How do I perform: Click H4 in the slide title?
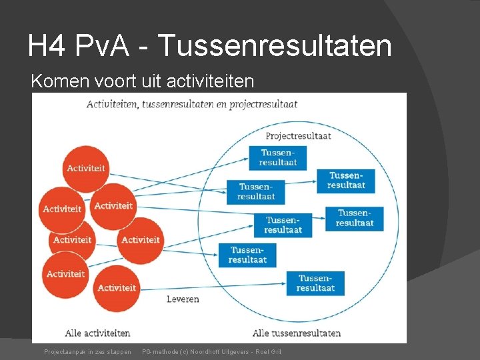[47, 45]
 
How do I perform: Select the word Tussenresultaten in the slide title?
[275, 45]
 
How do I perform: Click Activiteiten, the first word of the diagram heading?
[112, 104]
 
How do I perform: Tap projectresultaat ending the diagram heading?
[263, 104]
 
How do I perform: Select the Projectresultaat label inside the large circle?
[298, 136]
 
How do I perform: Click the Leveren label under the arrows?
[183, 299]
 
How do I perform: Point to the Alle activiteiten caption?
[97, 333]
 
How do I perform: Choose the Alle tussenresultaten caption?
[297, 333]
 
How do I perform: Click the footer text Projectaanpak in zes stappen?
[87, 351]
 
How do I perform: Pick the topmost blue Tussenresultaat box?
[278, 157]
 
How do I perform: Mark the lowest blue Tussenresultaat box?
[315, 283]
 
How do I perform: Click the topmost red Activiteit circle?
[86, 168]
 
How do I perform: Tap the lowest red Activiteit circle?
[117, 288]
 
